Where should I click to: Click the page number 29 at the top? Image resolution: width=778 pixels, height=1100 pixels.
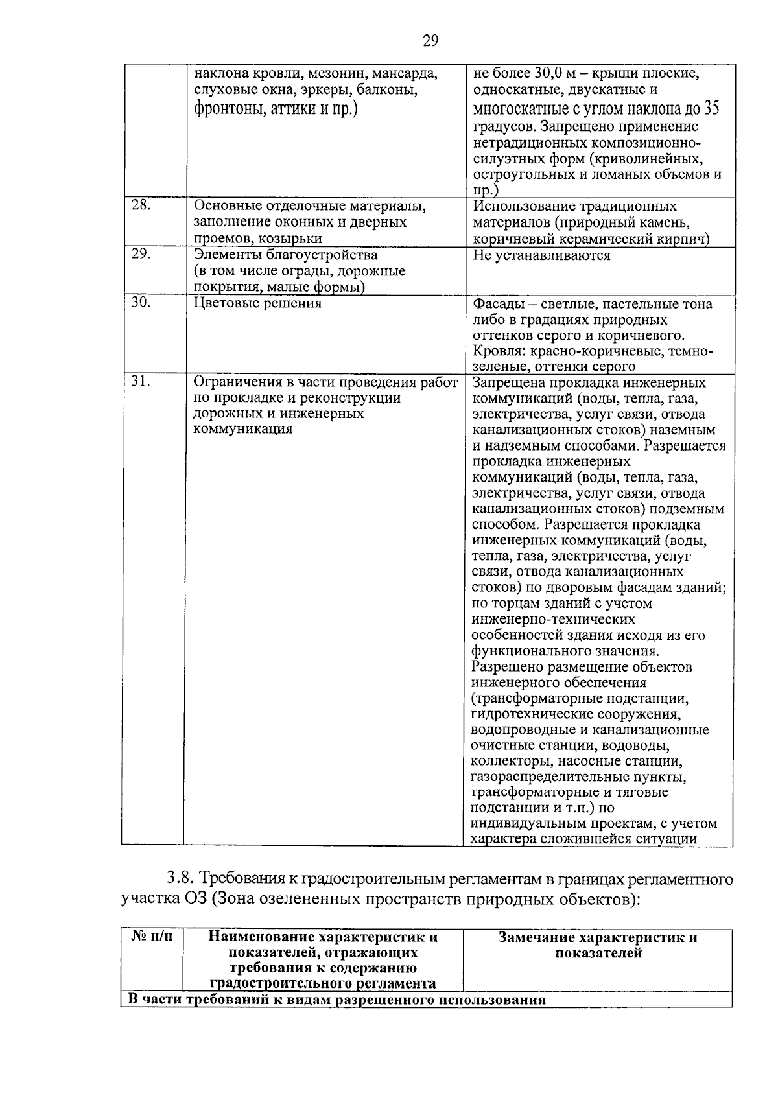coord(430,41)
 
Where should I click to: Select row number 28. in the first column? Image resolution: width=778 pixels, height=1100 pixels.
coord(141,205)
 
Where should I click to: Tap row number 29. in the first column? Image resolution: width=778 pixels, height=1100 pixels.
coord(141,255)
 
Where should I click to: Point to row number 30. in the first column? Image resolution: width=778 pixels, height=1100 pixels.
coord(141,303)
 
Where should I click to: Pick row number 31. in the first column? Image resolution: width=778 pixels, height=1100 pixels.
coord(141,382)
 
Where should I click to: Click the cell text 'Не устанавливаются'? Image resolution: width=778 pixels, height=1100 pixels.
coord(541,255)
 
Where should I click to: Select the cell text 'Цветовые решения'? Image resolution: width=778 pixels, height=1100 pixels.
coord(257,303)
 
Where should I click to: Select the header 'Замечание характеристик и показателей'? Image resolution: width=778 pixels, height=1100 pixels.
coord(598,945)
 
